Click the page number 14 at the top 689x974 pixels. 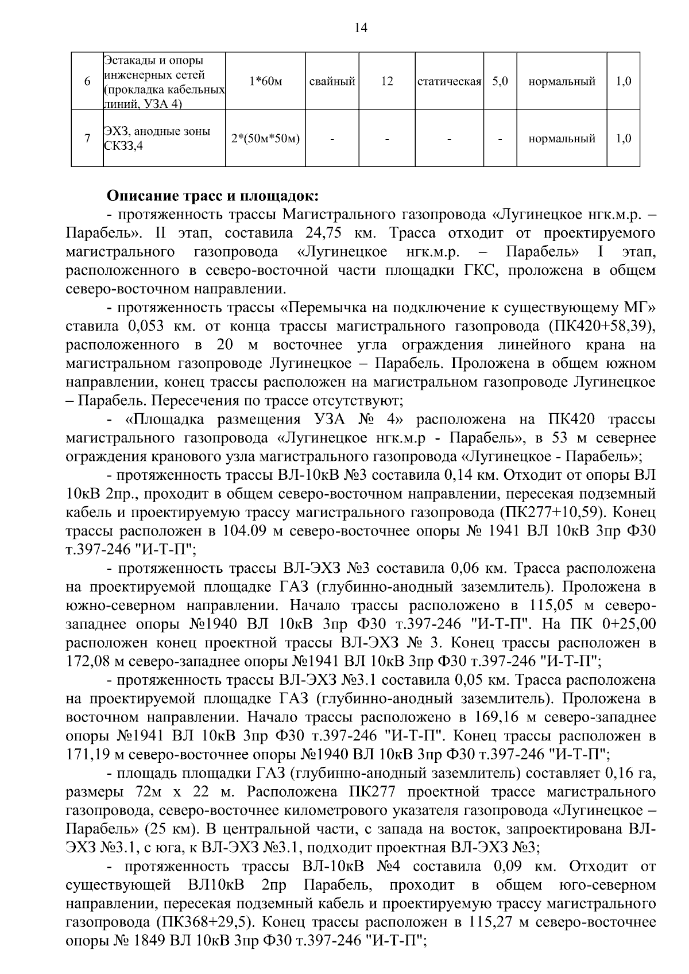(x=361, y=28)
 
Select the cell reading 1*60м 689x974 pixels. (x=266, y=82)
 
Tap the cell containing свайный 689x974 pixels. (x=332, y=82)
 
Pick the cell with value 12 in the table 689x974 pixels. (x=387, y=82)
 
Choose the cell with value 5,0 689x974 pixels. (x=500, y=82)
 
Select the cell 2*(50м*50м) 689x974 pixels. (x=266, y=138)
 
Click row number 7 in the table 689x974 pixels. (x=87, y=138)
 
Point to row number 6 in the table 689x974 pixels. (x=87, y=82)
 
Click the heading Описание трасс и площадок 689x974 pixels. (x=212, y=196)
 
